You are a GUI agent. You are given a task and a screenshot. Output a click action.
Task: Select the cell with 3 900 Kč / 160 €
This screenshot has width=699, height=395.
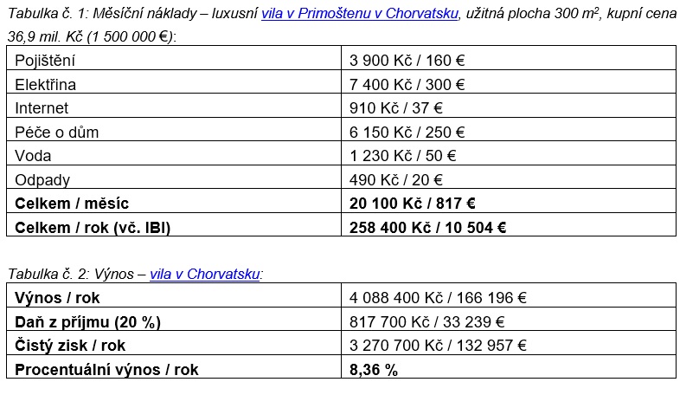pyautogui.click(x=407, y=61)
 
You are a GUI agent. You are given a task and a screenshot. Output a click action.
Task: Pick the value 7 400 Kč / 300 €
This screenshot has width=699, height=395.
pyautogui.click(x=407, y=85)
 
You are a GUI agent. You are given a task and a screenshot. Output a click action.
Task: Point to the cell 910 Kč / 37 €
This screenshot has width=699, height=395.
pyautogui.click(x=396, y=108)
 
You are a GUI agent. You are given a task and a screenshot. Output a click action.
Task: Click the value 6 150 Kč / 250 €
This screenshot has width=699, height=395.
pyautogui.click(x=407, y=133)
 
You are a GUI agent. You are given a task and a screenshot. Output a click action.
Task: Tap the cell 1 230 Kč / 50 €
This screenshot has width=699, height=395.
pyautogui.click(x=402, y=156)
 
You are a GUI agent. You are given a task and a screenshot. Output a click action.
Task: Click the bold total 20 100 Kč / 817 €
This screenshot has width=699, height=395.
pyautogui.click(x=413, y=204)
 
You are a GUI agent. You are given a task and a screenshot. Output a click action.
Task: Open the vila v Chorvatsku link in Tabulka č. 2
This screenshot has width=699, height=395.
pyautogui.click(x=205, y=274)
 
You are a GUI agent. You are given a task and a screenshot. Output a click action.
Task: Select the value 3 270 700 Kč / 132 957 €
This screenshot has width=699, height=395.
pyautogui.click(x=438, y=346)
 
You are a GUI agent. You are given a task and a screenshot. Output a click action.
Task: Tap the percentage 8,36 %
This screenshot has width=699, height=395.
pyautogui.click(x=374, y=369)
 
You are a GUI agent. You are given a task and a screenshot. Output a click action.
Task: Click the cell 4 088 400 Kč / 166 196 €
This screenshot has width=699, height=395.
pyautogui.click(x=438, y=298)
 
